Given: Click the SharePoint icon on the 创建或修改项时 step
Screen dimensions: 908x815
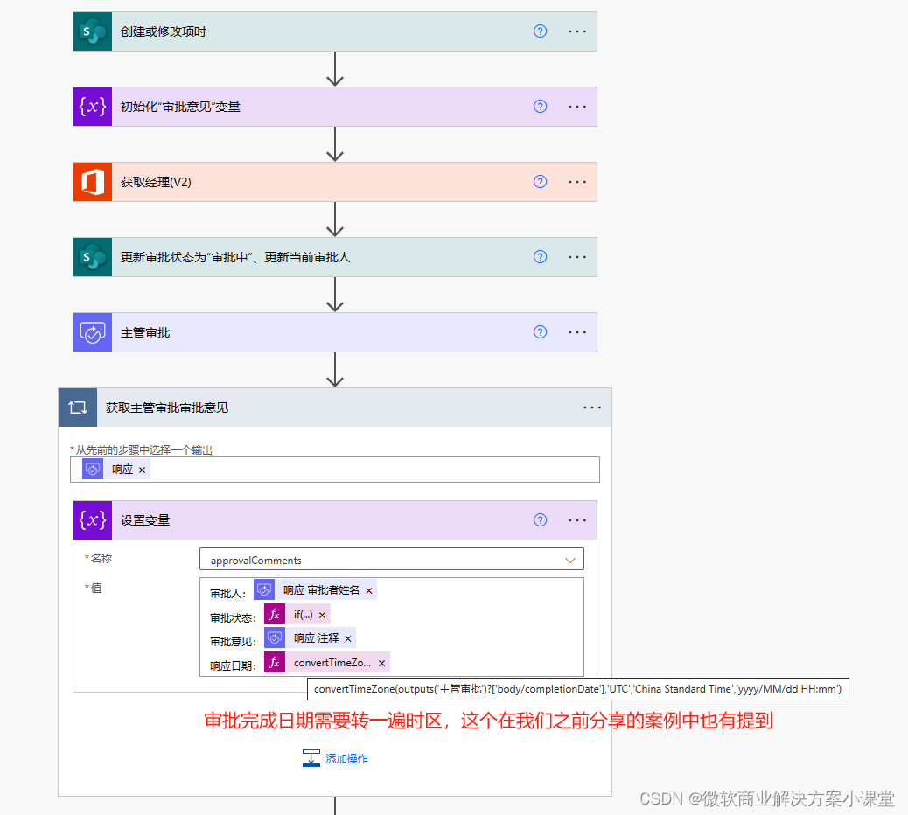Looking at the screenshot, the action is click(x=93, y=31).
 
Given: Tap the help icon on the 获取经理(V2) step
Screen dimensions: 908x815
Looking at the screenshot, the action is click(x=540, y=182).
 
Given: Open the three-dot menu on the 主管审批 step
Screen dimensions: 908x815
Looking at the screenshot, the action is click(x=576, y=332).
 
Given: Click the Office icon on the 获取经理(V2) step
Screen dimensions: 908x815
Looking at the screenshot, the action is click(x=93, y=182).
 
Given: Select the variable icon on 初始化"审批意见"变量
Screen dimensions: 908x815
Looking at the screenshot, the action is click(x=93, y=107).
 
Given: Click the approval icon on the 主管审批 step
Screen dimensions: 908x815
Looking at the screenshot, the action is click(x=93, y=332).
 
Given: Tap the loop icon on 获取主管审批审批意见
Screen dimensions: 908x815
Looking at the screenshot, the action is click(x=78, y=407).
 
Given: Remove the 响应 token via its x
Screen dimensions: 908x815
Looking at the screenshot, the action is click(x=142, y=470).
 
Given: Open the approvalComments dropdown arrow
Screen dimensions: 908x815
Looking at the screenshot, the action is click(x=569, y=560).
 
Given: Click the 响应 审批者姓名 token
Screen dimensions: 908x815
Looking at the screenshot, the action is click(x=315, y=590).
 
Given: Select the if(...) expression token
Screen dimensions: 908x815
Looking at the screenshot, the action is click(x=297, y=615).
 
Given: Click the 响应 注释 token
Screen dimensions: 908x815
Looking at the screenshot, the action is click(x=310, y=637).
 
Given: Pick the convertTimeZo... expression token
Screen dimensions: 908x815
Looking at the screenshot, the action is click(x=326, y=662).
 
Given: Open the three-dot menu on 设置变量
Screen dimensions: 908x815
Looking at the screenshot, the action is click(x=576, y=520).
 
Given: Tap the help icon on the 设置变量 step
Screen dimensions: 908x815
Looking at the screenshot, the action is click(x=540, y=519).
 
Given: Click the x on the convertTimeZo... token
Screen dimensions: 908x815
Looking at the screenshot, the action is click(x=381, y=664).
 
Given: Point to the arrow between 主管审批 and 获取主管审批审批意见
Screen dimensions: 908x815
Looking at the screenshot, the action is click(x=335, y=369).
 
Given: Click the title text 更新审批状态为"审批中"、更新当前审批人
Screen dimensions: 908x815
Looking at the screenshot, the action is click(x=235, y=257).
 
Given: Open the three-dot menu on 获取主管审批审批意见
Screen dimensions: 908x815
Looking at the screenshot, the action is click(x=592, y=407).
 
